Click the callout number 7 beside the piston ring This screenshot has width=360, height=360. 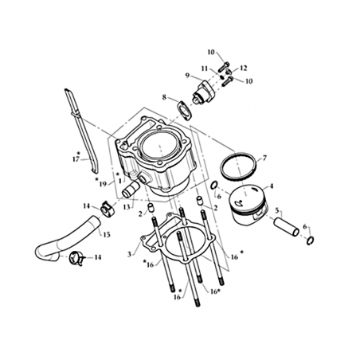coord(264,158)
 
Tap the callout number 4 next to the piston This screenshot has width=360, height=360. coord(271,186)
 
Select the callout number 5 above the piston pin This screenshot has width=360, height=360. coord(277,210)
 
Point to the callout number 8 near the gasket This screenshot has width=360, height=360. coord(164,97)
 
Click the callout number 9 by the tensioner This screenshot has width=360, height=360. coord(187,76)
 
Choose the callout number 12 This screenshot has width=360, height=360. coord(244,68)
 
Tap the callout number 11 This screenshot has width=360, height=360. coord(204,68)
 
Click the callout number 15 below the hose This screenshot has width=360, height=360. coord(107,235)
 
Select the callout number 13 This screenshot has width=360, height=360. coord(127,207)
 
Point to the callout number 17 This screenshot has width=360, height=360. coord(76,159)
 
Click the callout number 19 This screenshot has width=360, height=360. coord(103,184)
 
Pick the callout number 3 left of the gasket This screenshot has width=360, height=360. coord(129,254)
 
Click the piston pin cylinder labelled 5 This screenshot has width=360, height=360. coord(287,228)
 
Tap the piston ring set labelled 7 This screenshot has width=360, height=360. coord(238,155)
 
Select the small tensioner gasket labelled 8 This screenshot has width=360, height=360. coord(185,113)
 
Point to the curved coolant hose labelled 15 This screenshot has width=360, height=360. coord(66,241)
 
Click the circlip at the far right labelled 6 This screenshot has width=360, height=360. coord(311,241)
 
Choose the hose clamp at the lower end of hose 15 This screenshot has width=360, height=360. coord(76,259)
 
